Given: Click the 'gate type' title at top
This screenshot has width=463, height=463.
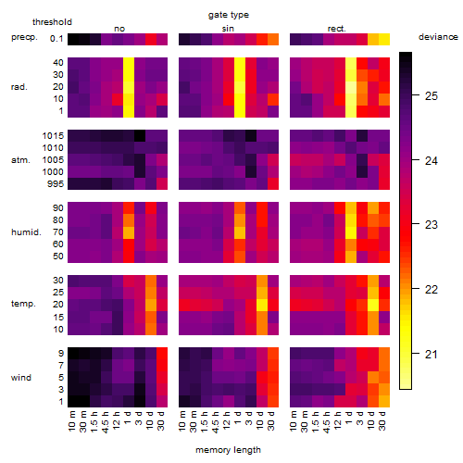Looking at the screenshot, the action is coord(229,15).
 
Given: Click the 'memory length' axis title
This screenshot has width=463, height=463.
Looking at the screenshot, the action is coord(228,450).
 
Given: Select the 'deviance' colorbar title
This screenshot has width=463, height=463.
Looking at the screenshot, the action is coord(438,37).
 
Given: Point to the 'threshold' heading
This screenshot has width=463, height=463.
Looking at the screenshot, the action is coord(52,22).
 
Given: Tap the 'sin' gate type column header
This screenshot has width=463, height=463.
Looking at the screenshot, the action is coord(228,29).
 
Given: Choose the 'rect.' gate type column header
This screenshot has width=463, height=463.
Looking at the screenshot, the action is coord(336,29).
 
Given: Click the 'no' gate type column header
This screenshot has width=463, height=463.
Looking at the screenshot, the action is coord(119,29).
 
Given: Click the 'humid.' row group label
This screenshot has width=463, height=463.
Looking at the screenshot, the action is coord(26,232).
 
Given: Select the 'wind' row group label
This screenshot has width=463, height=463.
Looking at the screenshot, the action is coord(21,378).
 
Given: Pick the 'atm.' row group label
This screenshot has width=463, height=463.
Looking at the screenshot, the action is coord(20,160).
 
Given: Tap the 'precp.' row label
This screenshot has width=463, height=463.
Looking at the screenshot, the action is coord(24,37).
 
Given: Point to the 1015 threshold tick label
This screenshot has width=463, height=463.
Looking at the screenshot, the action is coord(53,136).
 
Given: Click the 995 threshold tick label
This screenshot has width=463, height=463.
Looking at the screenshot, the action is coord(56,184).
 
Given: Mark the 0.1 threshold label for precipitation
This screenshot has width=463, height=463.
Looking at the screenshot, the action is coord(56,39).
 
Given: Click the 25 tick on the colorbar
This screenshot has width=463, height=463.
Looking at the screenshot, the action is coord(432,96).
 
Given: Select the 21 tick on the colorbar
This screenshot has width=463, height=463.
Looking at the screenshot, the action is coord(432,355).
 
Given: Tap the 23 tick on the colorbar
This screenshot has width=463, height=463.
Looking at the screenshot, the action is coord(432,225).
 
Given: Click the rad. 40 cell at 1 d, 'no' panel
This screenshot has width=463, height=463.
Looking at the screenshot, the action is coord(129,63).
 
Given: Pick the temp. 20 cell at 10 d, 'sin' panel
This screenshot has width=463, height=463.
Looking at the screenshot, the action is coord(262,305).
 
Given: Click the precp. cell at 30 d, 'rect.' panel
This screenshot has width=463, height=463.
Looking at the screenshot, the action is coord(384,39).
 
